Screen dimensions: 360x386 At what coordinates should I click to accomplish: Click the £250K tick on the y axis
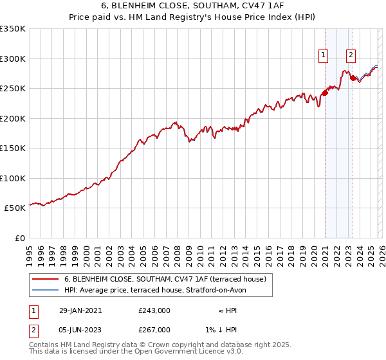pyautogui.click(x=13, y=89)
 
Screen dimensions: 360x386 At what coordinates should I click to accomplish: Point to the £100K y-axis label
pyautogui.click(x=13, y=178)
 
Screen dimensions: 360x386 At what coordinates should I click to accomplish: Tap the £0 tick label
pyautogui.click(x=19, y=238)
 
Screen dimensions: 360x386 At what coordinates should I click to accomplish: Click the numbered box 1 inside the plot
pyautogui.click(x=322, y=55)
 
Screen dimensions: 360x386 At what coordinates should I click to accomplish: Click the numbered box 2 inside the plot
pyautogui.click(x=351, y=55)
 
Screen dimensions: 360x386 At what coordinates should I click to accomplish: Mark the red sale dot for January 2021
pyautogui.click(x=325, y=93)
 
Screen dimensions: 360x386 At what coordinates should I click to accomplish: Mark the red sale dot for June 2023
pyautogui.click(x=353, y=78)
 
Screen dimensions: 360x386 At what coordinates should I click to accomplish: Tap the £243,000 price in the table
pyautogui.click(x=154, y=310)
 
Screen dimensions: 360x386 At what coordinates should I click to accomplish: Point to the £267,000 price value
pyautogui.click(x=154, y=330)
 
